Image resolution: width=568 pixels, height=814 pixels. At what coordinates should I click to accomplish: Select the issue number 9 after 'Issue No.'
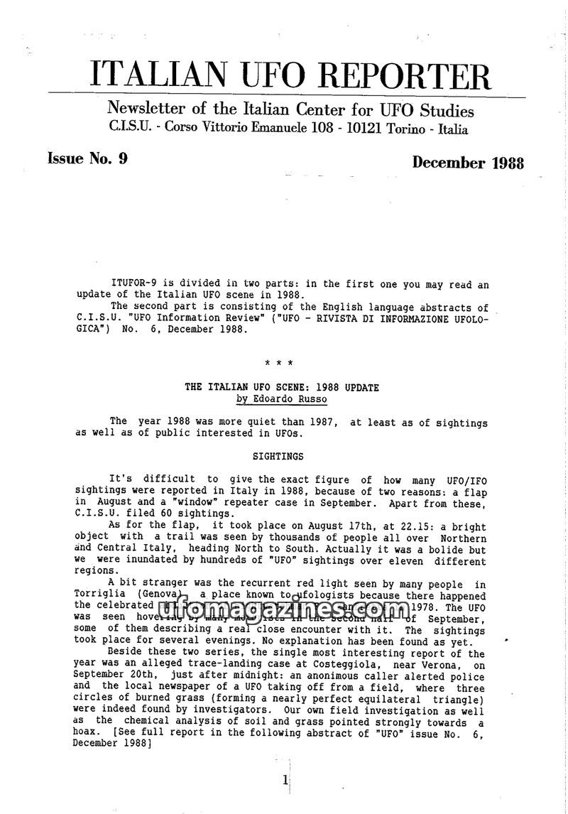pyautogui.click(x=124, y=158)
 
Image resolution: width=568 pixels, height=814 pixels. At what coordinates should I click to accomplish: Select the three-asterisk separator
pyautogui.click(x=279, y=364)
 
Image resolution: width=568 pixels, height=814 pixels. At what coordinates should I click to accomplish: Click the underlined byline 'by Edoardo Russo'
pyautogui.click(x=282, y=399)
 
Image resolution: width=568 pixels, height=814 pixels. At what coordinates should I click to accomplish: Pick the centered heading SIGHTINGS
pyautogui.click(x=278, y=457)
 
